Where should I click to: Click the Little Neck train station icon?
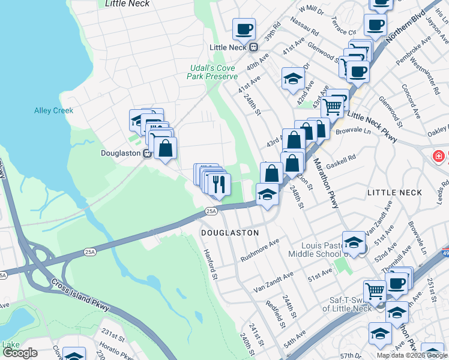254,47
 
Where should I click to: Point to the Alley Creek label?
53,110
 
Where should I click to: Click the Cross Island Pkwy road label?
80,295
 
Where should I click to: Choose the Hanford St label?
210,263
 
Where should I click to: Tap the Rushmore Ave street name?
260,250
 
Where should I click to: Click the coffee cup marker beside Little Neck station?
244,28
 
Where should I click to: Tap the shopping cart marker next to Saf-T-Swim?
375,292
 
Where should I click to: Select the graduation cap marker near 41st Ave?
292,79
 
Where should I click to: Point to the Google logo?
20,353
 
